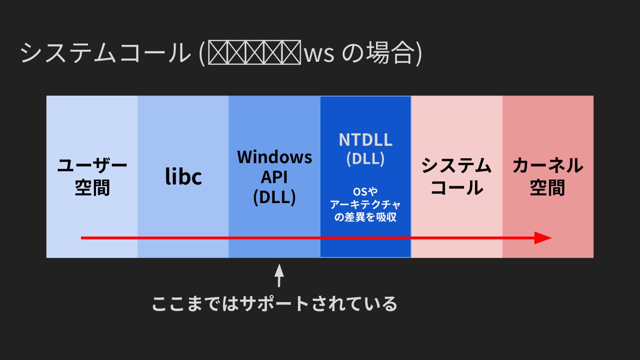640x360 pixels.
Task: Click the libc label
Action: click(184, 176)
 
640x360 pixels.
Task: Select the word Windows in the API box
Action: click(274, 157)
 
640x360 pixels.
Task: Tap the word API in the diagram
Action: click(274, 177)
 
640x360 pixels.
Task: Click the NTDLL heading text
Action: click(365, 140)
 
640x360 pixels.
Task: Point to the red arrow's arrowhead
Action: click(543, 238)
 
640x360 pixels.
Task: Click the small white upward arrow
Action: click(279, 275)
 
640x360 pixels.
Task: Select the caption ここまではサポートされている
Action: click(274, 304)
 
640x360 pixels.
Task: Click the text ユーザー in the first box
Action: click(92, 166)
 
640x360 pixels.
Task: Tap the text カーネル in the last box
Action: click(548, 166)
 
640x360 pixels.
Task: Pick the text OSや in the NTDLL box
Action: click(365, 192)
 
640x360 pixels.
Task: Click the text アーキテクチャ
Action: click(365, 204)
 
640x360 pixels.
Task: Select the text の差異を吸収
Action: click(365, 217)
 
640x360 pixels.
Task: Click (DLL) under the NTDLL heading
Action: click(365, 159)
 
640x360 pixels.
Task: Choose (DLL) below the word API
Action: click(274, 197)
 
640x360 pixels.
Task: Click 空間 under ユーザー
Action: click(92, 188)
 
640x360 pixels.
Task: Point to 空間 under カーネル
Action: click(548, 188)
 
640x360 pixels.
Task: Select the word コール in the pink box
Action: click(456, 188)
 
